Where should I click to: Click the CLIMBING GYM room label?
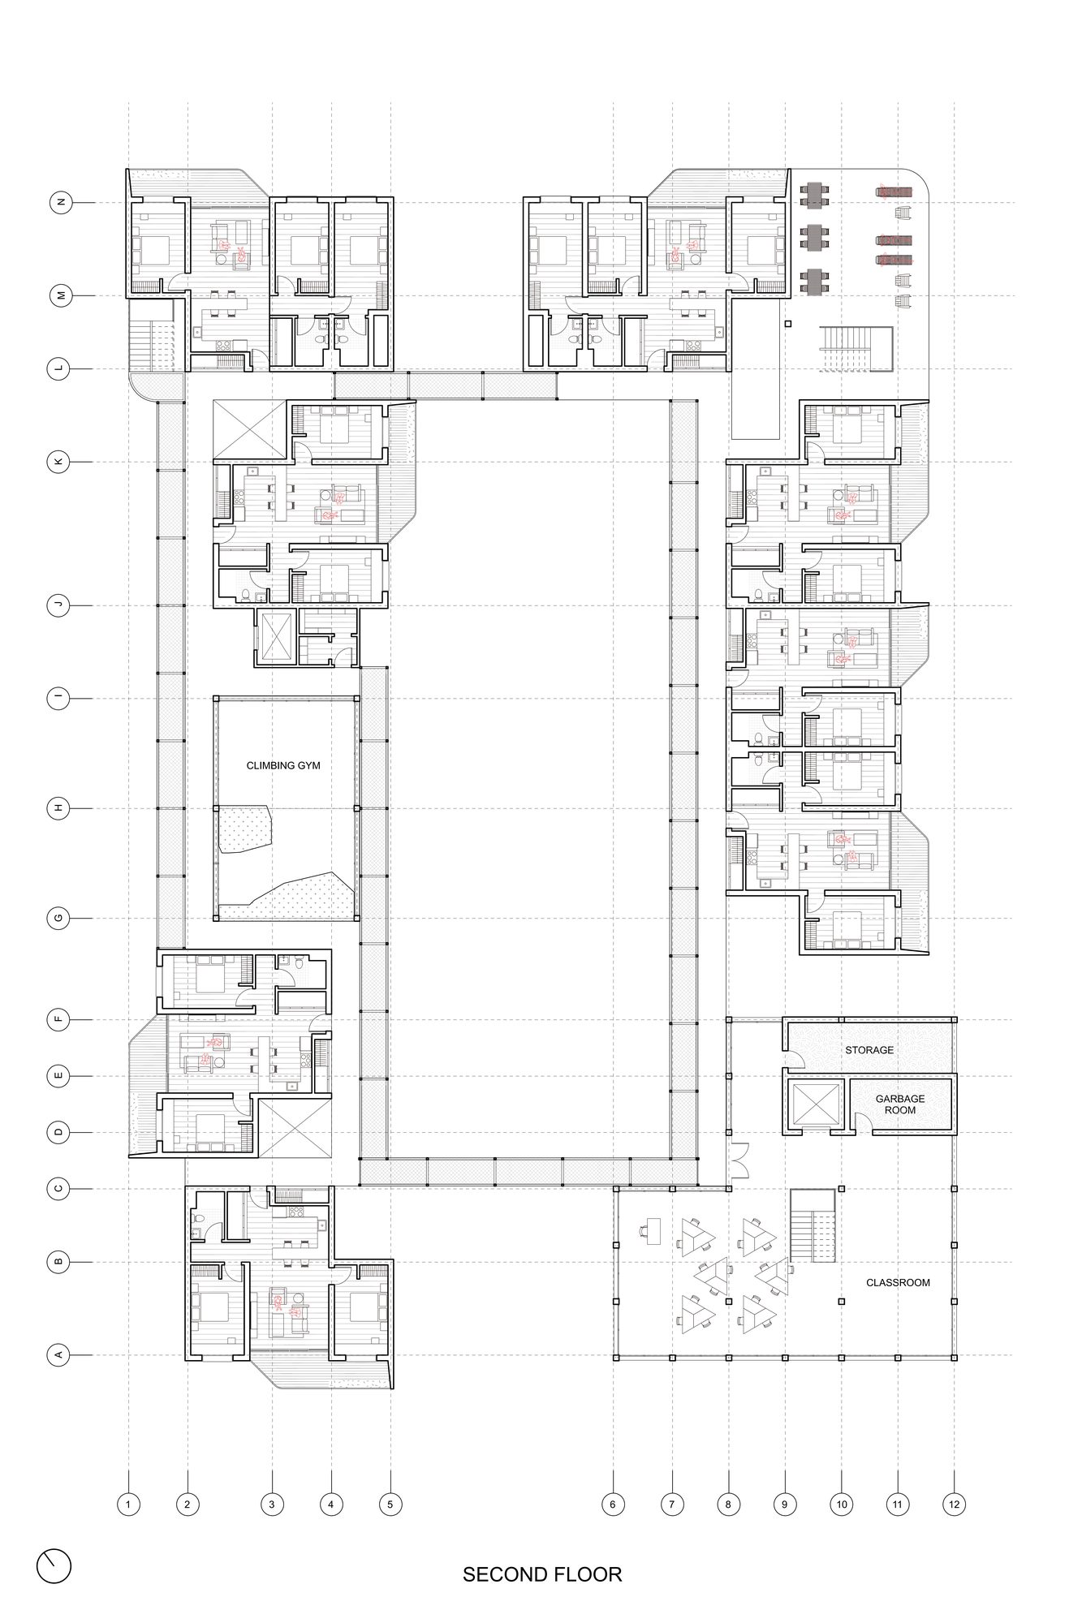(x=283, y=765)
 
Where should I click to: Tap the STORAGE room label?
(x=869, y=1050)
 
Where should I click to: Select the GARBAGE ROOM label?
(x=900, y=1104)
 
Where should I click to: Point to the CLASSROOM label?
(x=898, y=1283)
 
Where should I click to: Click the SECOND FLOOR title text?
(x=542, y=1574)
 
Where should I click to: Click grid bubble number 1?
(x=128, y=1505)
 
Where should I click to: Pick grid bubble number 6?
(x=613, y=1505)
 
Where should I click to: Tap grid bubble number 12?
(x=954, y=1505)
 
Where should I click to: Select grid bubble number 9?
(x=785, y=1505)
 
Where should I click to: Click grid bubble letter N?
(x=60, y=203)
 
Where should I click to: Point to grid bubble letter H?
(x=60, y=808)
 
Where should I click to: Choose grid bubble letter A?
(x=58, y=1355)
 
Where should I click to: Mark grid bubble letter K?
(x=60, y=463)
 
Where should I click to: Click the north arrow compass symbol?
(x=54, y=1566)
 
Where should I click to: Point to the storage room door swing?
(x=795, y=1057)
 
